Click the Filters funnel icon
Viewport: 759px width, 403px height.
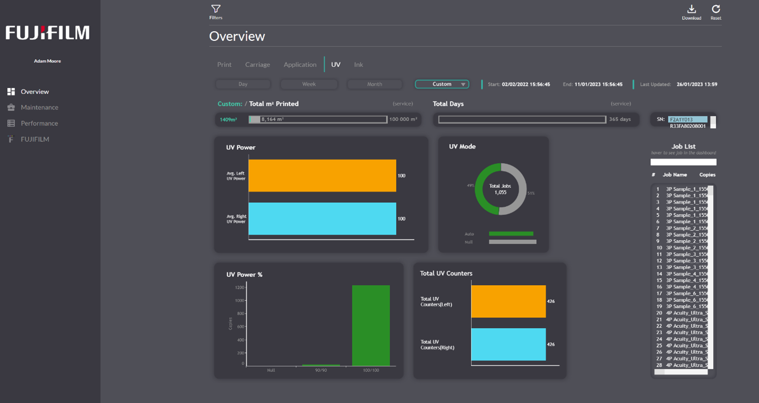[215, 9]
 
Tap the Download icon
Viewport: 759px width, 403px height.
[691, 9]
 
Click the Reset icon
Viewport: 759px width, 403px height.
[715, 9]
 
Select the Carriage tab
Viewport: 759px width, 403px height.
[257, 65]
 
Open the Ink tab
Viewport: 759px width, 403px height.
[358, 65]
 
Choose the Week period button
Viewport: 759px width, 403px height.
[309, 84]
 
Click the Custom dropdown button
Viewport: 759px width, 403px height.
[442, 84]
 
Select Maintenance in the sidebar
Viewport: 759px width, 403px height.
[39, 108]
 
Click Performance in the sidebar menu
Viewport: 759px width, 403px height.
[39, 124]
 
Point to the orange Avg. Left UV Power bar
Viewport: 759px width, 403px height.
[322, 176]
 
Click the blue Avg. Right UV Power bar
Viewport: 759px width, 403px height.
[322, 218]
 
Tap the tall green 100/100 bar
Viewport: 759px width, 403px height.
[371, 326]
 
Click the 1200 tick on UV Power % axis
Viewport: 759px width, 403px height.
[239, 287]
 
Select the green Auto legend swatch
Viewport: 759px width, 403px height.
[511, 234]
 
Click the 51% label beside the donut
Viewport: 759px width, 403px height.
[531, 194]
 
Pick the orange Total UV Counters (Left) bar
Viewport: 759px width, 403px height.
[508, 301]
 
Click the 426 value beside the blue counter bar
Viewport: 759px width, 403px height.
[551, 345]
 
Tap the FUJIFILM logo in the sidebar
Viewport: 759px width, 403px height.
[47, 33]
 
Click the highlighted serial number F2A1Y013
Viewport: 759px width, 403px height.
[687, 120]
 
